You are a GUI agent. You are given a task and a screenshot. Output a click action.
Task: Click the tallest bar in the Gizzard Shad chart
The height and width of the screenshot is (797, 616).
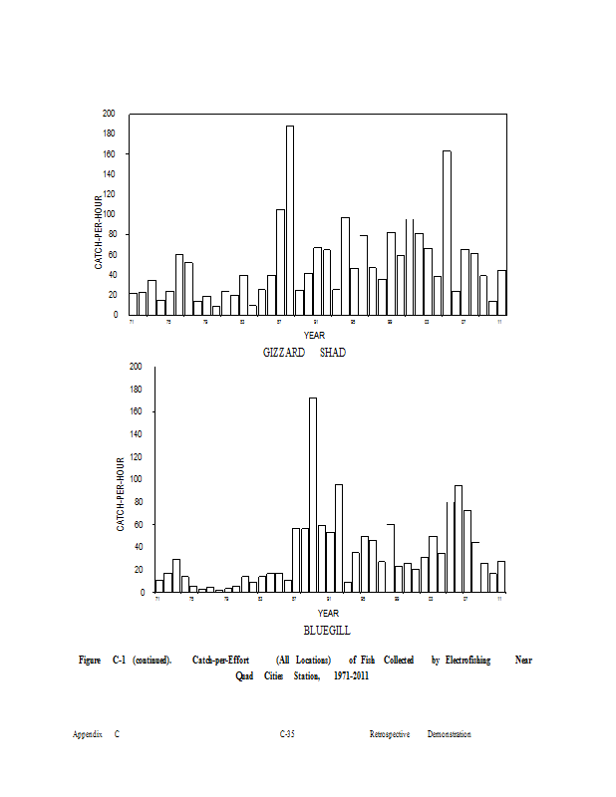coord(290,219)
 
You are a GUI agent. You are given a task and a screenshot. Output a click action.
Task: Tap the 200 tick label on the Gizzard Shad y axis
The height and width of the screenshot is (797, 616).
coord(109,114)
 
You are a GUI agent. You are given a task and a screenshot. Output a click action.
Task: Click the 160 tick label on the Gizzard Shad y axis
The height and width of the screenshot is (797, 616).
coord(109,154)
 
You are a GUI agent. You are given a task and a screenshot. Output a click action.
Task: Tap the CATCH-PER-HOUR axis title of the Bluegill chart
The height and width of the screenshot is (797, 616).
coord(121,494)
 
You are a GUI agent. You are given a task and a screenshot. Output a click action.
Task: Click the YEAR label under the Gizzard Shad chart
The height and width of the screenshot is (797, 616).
coord(315,335)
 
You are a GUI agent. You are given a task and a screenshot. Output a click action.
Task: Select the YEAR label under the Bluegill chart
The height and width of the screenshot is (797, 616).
coord(328,613)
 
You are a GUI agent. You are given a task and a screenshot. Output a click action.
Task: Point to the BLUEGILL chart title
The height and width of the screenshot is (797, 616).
coord(327,631)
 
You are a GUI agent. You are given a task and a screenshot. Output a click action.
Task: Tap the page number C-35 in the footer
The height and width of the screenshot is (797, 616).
coord(287,734)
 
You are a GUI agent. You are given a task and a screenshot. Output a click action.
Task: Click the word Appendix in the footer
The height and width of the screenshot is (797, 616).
coord(88,734)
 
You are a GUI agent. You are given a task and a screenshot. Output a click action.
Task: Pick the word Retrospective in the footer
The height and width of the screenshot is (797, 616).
coord(390,734)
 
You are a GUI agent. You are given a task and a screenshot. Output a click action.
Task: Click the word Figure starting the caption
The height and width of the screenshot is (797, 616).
coord(91,660)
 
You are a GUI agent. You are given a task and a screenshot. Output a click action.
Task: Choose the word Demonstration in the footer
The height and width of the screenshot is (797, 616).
coord(450,734)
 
